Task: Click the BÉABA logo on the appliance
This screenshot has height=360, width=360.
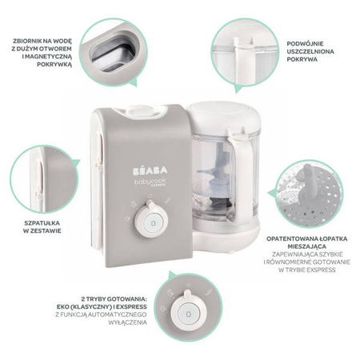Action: click(x=150, y=170)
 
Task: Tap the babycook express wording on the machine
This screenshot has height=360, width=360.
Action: click(x=150, y=182)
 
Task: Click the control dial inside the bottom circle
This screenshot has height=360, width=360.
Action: click(x=188, y=311)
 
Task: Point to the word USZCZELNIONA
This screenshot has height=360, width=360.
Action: click(x=310, y=51)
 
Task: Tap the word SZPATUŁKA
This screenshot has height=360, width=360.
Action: click(x=42, y=223)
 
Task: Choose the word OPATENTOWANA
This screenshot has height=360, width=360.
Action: click(x=290, y=238)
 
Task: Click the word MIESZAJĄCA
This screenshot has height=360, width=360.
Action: click(x=306, y=246)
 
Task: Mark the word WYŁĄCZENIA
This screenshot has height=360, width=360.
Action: click(x=127, y=322)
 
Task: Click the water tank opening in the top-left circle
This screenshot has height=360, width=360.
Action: click(x=113, y=54)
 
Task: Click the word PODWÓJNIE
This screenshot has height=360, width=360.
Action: click(x=302, y=44)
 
